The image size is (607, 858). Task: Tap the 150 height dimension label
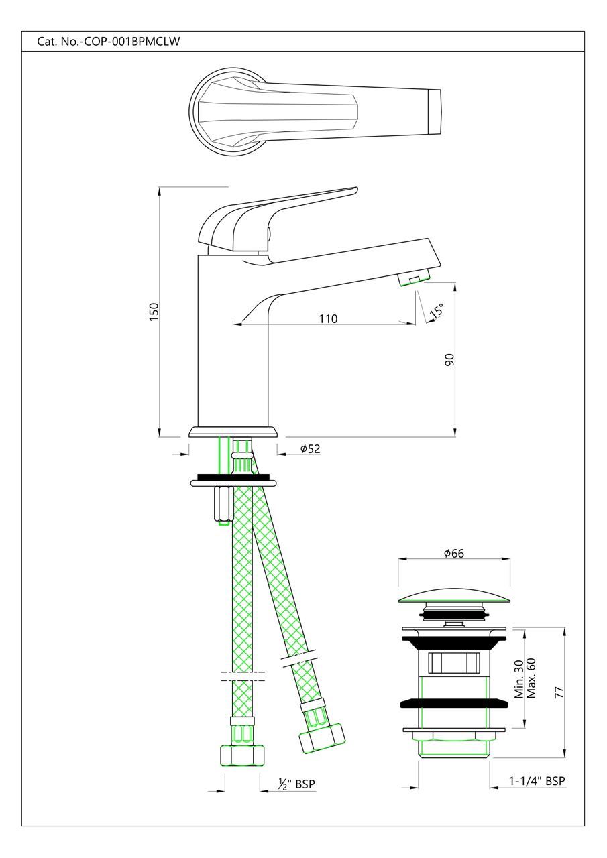154,312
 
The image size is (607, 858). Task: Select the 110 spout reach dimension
328,318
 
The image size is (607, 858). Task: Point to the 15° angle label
436,310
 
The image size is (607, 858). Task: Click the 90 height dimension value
450,359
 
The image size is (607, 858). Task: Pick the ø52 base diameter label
309,448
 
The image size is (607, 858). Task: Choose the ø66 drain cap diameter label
453,553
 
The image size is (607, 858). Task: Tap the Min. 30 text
518,678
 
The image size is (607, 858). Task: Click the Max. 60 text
531,678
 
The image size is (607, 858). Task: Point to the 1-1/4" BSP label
537,780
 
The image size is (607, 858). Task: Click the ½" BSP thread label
296,784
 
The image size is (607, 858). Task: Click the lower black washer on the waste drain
453,703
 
